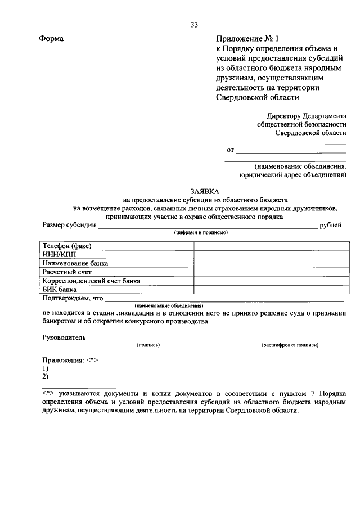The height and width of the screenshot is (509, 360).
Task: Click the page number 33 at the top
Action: tap(194, 25)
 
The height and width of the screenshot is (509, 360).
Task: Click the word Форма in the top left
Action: tap(51, 39)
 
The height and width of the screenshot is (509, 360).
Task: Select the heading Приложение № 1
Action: tap(248, 39)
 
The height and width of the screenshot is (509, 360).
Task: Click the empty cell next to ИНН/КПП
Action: tap(271, 254)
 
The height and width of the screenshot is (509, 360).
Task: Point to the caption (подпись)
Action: tap(148, 345)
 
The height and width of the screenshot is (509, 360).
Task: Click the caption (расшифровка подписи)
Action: tap(290, 345)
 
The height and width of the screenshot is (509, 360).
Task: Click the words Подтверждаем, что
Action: tap(73, 298)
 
